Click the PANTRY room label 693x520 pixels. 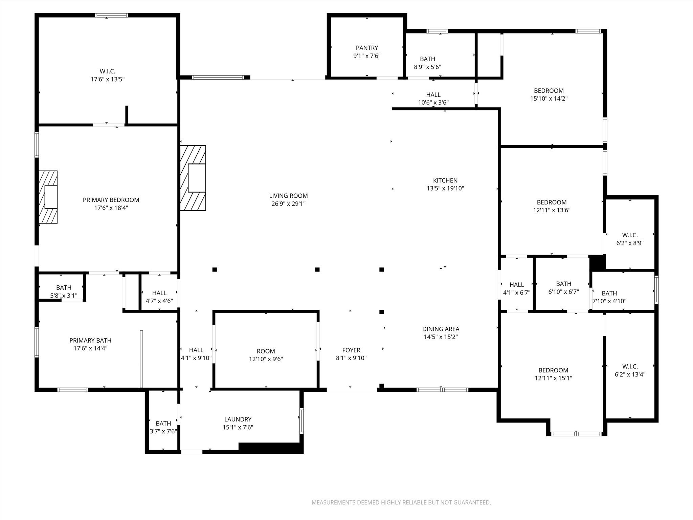coord(367,48)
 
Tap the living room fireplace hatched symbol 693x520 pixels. coord(193,178)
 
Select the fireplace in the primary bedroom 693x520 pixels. coord(48,197)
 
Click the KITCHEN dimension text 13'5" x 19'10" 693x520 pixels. coord(445,189)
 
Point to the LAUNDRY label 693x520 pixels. coord(238,419)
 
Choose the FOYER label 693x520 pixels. coord(351,350)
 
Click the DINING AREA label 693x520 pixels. coord(441,329)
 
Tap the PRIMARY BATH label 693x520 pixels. coord(90,341)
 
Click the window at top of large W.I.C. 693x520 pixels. coord(112,15)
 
